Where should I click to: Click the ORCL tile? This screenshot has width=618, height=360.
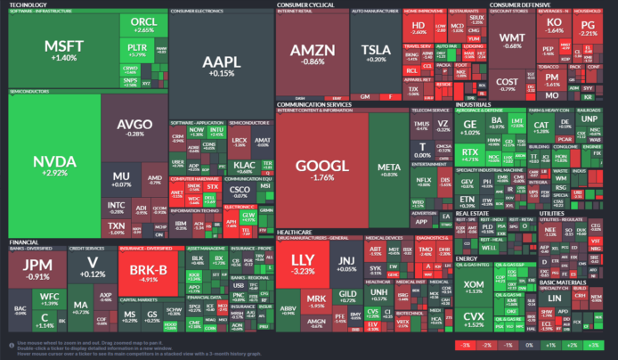[x=142, y=24]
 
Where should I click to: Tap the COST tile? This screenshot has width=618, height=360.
[x=507, y=84]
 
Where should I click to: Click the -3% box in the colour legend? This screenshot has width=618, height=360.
[x=463, y=343]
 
